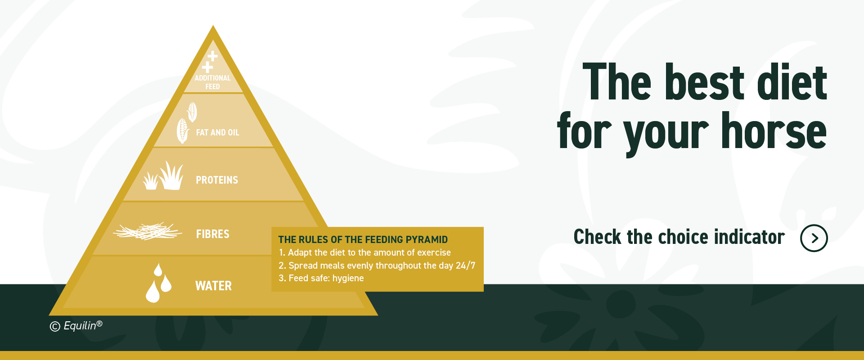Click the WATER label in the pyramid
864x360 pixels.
coord(213,286)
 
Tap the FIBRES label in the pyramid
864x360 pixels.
coord(212,234)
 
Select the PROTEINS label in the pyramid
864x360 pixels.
coord(217,180)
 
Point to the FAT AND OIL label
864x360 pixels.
coord(217,133)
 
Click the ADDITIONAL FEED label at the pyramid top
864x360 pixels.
coord(212,82)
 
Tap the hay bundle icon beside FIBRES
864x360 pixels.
coord(148,231)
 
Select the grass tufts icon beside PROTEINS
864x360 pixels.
coord(163,176)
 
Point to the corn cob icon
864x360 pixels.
coord(186,123)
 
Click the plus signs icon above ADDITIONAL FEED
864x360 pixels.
coord(210,62)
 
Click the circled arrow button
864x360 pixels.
coord(814,238)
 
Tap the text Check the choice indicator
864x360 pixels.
coord(679,237)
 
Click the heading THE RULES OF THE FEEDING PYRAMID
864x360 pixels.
coord(363,239)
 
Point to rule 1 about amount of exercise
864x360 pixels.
coord(365,252)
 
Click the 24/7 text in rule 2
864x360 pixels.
coord(465,265)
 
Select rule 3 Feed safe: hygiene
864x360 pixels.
coord(321,278)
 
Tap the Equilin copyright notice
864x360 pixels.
coord(76,326)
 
